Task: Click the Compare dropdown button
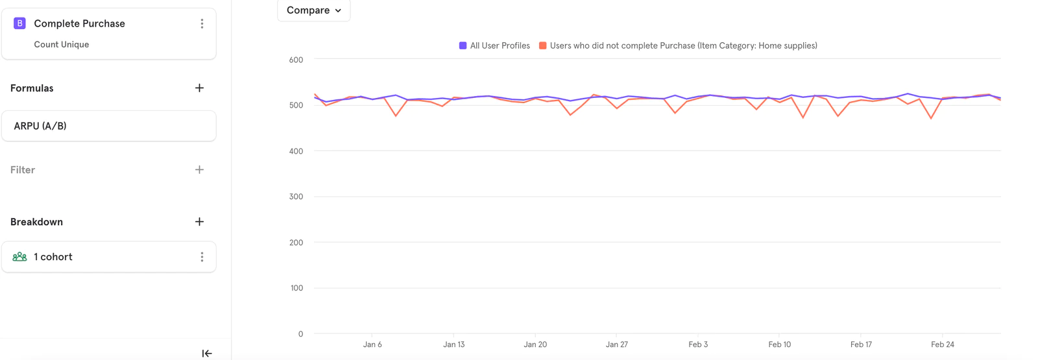(313, 10)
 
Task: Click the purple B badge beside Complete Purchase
(19, 23)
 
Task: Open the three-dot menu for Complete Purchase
(202, 23)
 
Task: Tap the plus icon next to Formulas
(199, 88)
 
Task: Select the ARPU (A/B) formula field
(108, 126)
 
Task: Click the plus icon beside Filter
(199, 170)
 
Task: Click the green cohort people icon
(19, 257)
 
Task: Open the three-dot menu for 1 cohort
(202, 257)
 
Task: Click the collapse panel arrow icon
(206, 354)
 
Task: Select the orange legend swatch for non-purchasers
(543, 46)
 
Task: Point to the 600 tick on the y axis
(296, 60)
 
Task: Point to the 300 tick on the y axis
(296, 197)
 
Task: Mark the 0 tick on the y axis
(300, 334)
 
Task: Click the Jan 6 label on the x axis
(372, 344)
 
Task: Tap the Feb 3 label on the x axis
(698, 344)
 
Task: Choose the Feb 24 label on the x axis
(942, 344)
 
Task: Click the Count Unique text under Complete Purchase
(62, 45)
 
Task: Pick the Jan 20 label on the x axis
(535, 344)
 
